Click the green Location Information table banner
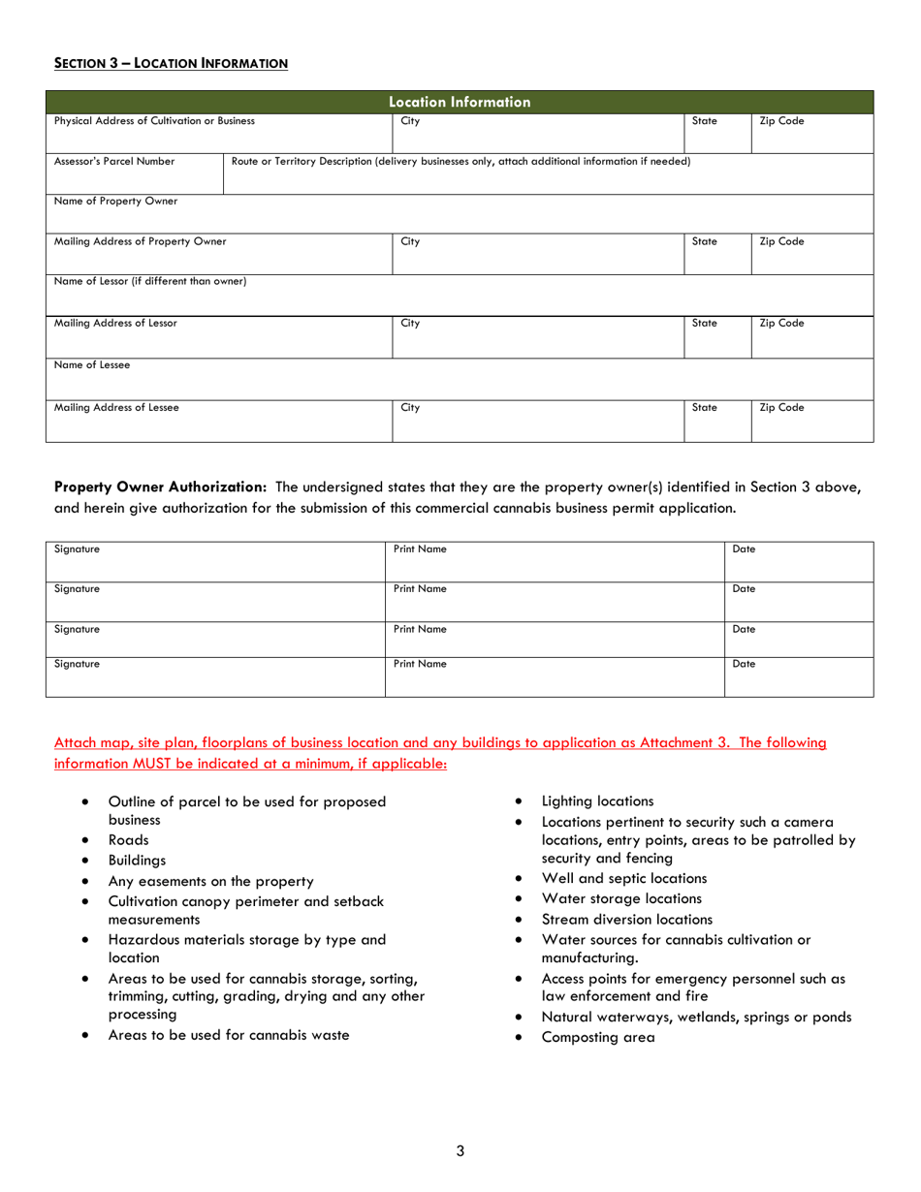(x=460, y=101)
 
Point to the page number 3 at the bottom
(x=460, y=1150)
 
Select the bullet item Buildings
(x=137, y=860)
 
